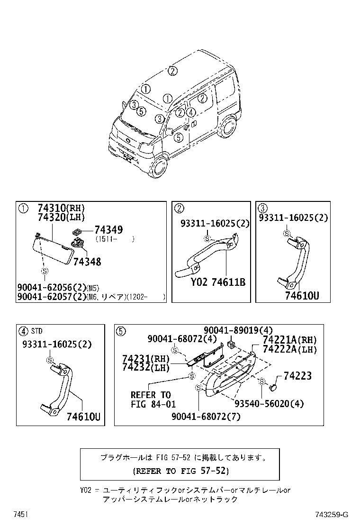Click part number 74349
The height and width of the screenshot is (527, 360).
(108, 230)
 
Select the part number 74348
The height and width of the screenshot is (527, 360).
(87, 262)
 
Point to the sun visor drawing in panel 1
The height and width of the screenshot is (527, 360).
(55, 247)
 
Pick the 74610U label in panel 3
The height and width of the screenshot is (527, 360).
(302, 296)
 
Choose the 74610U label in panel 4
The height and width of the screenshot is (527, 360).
(83, 417)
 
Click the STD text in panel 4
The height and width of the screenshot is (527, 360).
(37, 331)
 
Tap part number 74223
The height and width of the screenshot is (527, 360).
(297, 376)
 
